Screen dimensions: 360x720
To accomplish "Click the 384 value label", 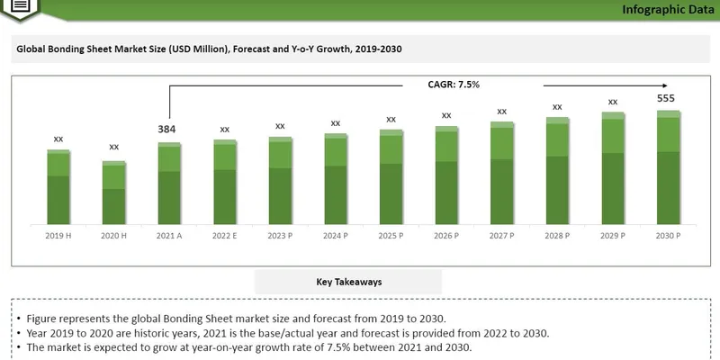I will pyautogui.click(x=167, y=129).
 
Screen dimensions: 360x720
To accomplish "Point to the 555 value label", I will pyautogui.click(x=666, y=98).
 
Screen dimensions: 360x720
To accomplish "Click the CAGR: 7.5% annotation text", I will pyautogui.click(x=454, y=85).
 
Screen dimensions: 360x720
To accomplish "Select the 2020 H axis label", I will pyautogui.click(x=114, y=235).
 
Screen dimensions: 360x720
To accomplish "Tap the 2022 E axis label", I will pyautogui.click(x=225, y=235).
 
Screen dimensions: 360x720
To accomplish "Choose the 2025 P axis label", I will pyautogui.click(x=391, y=235).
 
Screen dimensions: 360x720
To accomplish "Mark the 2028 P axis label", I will pyautogui.click(x=557, y=235).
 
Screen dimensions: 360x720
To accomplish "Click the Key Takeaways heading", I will pyautogui.click(x=349, y=282).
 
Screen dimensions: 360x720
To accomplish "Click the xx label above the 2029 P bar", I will pyautogui.click(x=613, y=102).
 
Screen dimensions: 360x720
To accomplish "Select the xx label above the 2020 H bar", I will pyautogui.click(x=114, y=147).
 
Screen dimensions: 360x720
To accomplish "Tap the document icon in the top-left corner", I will pyautogui.click(x=22, y=6).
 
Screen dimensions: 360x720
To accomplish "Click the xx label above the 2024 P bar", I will pyautogui.click(x=336, y=122).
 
